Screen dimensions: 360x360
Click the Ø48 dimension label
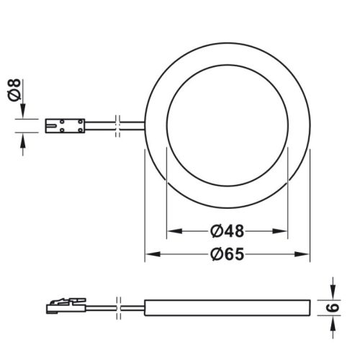pos(227,232)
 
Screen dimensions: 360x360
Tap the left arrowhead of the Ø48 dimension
pos(172,232)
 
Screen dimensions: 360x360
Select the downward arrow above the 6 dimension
pos(332,291)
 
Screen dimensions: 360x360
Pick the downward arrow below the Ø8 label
pos(24,112)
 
